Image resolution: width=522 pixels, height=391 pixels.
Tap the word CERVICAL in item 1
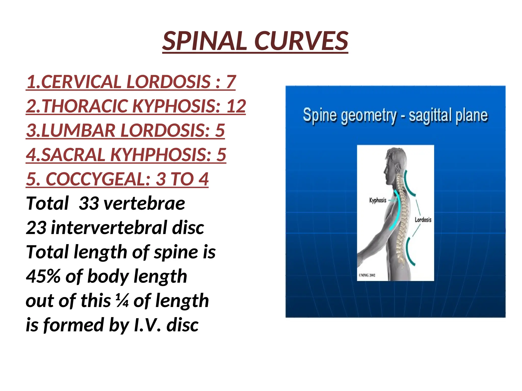(81, 82)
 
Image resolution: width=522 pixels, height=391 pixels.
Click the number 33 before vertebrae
(89, 203)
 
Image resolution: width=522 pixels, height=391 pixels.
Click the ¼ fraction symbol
(122, 301)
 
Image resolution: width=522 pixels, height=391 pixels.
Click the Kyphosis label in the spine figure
(378, 200)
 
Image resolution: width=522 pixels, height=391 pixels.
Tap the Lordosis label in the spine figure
(423, 219)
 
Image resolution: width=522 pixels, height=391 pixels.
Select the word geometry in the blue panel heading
(369, 116)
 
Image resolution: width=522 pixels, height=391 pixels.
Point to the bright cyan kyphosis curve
(397, 211)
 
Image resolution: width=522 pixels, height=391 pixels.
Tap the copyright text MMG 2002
(367, 275)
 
